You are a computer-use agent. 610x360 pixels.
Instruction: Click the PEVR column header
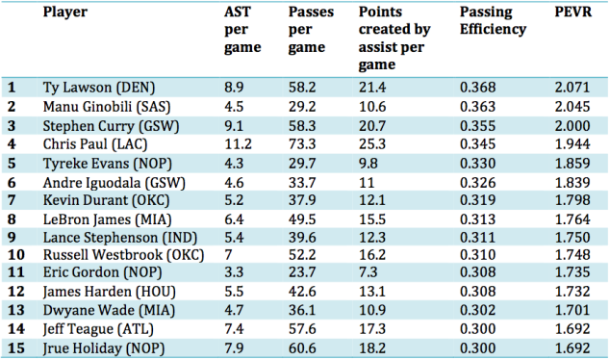pyautogui.click(x=573, y=13)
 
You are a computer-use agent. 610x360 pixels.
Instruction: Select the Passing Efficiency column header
pyautogui.click(x=493, y=20)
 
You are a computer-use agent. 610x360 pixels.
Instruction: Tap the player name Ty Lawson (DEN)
pyautogui.click(x=99, y=88)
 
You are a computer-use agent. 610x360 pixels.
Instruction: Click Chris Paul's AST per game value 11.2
pyautogui.click(x=238, y=144)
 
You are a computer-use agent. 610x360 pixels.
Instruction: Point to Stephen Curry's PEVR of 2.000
pyautogui.click(x=572, y=126)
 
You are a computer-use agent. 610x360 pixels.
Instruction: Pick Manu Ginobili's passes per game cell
pyautogui.click(x=302, y=107)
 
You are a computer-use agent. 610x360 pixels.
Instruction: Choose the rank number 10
pyautogui.click(x=16, y=255)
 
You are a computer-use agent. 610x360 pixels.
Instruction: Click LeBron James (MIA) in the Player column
pyautogui.click(x=107, y=219)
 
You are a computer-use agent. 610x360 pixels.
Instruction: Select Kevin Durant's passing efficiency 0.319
pyautogui.click(x=478, y=200)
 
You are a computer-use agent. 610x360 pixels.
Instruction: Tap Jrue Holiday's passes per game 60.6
pyautogui.click(x=302, y=347)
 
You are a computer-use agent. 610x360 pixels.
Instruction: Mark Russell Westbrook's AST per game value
pyautogui.click(x=228, y=255)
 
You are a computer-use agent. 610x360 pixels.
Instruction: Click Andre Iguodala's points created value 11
pyautogui.click(x=367, y=183)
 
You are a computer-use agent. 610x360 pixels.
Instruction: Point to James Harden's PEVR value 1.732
pyautogui.click(x=572, y=292)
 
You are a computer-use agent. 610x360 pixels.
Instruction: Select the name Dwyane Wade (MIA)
pyautogui.click(x=109, y=311)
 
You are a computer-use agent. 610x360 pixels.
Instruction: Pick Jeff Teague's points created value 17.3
pyautogui.click(x=372, y=329)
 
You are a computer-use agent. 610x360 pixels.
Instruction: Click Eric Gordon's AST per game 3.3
pyautogui.click(x=234, y=272)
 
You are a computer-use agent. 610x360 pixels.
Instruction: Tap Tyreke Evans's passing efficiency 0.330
pyautogui.click(x=478, y=164)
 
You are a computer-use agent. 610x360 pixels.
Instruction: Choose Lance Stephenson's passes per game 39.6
pyautogui.click(x=302, y=238)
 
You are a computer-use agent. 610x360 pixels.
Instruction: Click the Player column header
pyautogui.click(x=65, y=13)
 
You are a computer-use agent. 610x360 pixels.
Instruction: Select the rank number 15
pyautogui.click(x=16, y=347)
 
